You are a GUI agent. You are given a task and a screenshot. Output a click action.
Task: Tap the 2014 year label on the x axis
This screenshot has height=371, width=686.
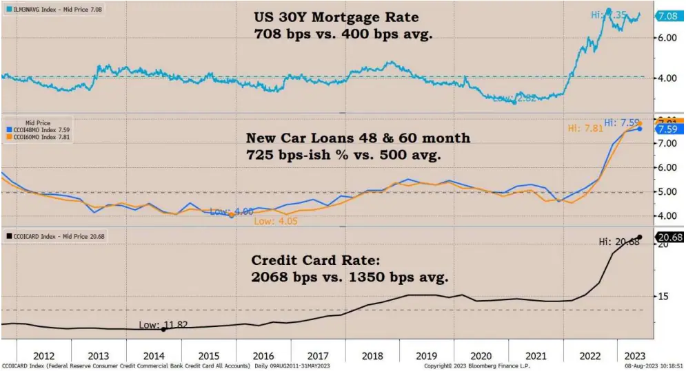click(x=153, y=356)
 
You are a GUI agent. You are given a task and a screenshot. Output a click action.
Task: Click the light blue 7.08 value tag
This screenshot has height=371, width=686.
click(x=668, y=16)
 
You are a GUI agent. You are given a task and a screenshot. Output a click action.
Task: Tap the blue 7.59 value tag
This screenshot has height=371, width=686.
click(x=668, y=129)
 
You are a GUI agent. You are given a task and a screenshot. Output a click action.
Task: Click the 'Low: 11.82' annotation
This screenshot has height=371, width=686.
click(x=163, y=324)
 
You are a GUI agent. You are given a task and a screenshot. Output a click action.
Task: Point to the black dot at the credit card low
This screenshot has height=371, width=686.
click(x=163, y=330)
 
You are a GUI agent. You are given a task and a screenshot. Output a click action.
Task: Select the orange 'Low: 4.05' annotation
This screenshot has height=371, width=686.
click(x=274, y=221)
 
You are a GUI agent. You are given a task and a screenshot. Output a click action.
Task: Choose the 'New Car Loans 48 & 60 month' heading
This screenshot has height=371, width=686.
click(x=358, y=138)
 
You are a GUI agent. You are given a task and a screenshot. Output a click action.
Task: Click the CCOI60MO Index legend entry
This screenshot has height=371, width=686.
click(x=42, y=138)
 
